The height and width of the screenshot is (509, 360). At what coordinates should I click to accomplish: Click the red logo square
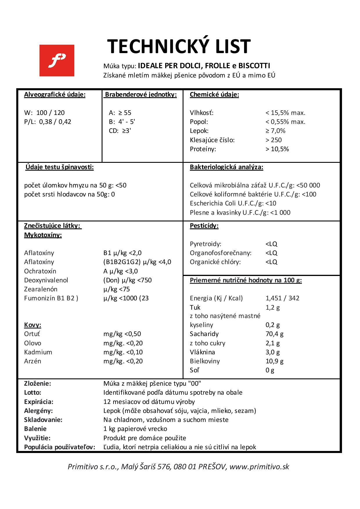(x=57, y=60)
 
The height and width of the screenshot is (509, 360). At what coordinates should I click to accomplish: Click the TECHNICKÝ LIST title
(x=179, y=46)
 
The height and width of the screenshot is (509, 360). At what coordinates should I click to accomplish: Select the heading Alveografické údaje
(x=55, y=95)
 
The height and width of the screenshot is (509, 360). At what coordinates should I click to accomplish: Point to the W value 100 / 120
(x=51, y=113)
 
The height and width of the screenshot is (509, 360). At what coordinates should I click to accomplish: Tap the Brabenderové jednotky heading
(x=141, y=95)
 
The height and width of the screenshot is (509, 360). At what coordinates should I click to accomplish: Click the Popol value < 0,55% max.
(x=285, y=122)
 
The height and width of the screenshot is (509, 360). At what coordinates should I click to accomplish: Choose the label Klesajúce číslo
(x=212, y=140)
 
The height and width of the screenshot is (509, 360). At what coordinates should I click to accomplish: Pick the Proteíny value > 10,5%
(x=277, y=149)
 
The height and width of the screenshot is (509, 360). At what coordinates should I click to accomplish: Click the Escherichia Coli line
(x=233, y=203)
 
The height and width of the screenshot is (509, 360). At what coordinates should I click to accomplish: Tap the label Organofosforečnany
(x=220, y=253)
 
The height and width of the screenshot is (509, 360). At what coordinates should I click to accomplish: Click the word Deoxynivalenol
(x=46, y=280)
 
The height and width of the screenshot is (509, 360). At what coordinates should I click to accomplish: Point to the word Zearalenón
(x=41, y=289)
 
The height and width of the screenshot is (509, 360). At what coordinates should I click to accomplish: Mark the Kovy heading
(x=33, y=325)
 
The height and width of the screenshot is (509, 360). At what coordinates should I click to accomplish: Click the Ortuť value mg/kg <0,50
(x=122, y=334)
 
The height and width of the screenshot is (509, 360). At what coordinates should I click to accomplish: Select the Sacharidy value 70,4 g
(x=274, y=334)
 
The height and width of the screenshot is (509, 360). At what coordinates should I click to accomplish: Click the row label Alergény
(x=38, y=411)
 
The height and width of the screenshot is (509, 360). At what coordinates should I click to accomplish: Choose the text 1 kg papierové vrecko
(x=135, y=429)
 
